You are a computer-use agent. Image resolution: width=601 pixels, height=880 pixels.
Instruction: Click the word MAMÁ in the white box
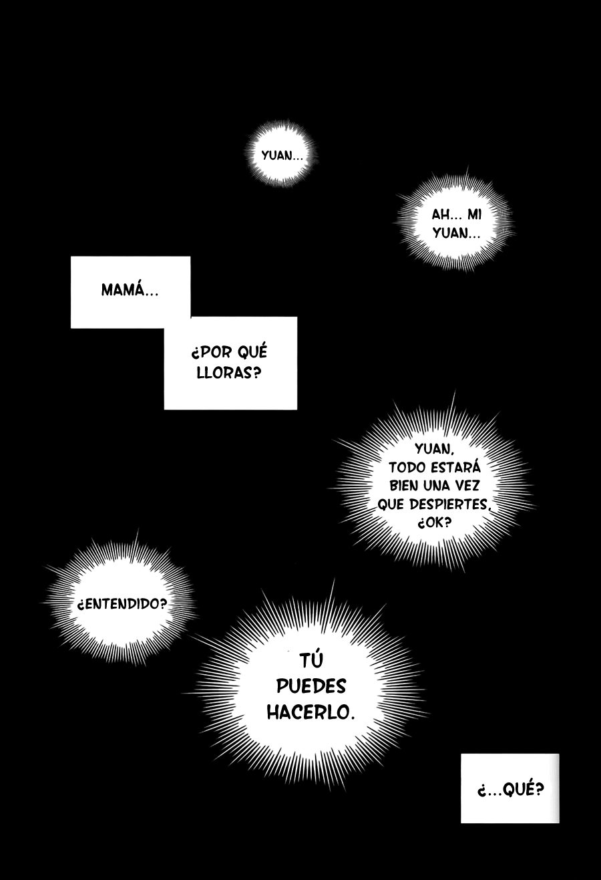[x=130, y=289]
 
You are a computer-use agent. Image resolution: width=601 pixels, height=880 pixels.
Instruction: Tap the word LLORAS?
[x=229, y=372]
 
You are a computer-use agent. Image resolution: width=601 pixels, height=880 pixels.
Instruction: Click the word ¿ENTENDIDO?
[x=122, y=604]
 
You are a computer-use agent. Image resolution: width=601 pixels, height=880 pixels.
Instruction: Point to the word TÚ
[x=311, y=659]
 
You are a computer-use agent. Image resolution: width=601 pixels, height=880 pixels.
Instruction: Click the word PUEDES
[x=311, y=686]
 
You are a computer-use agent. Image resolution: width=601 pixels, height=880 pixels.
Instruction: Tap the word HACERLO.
[x=311, y=712]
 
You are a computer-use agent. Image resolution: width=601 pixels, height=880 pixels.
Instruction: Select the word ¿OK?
[x=434, y=523]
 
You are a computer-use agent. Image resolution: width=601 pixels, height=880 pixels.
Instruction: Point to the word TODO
[x=407, y=468]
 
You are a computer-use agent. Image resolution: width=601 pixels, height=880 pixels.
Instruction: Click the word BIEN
[x=403, y=486]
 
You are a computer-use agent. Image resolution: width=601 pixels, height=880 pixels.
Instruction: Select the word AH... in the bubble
[x=445, y=214]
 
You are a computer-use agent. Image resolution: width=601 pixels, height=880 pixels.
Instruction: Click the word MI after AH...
[x=474, y=214]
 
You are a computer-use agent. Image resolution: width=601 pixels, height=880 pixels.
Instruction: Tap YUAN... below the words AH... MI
[x=457, y=233]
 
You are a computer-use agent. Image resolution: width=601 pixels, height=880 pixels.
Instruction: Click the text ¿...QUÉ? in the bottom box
[x=510, y=788]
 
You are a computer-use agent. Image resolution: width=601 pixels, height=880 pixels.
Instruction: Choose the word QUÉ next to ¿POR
[x=253, y=351]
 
